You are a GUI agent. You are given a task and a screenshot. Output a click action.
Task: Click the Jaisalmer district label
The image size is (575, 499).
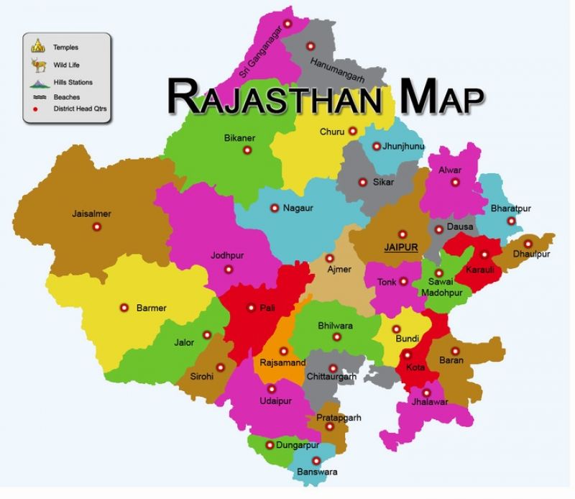[x=91, y=214]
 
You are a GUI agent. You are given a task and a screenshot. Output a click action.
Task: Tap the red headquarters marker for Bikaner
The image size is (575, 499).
[x=247, y=150]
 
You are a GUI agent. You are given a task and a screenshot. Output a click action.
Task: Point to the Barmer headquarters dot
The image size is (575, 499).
[x=124, y=308]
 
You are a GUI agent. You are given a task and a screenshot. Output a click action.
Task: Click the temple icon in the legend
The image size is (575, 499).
[x=37, y=47]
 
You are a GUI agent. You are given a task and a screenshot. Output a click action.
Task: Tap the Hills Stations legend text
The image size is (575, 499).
[x=73, y=83]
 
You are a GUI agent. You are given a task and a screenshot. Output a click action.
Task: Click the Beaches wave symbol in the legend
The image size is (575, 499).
[x=37, y=96]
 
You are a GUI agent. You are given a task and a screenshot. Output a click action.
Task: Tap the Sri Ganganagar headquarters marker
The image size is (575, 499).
[x=288, y=24]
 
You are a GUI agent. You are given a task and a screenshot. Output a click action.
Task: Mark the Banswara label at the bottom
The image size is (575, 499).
[x=316, y=472]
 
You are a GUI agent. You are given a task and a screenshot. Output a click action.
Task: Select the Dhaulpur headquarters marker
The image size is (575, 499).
[x=528, y=244]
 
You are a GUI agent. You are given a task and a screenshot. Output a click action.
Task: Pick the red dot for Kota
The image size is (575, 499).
[x=408, y=355]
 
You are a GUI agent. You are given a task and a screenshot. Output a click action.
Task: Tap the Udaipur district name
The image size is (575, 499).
[x=276, y=401]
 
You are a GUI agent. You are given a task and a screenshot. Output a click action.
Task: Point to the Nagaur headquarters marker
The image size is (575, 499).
[x=274, y=208]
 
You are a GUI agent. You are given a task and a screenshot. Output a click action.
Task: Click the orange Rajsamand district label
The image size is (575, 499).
[x=282, y=362]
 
